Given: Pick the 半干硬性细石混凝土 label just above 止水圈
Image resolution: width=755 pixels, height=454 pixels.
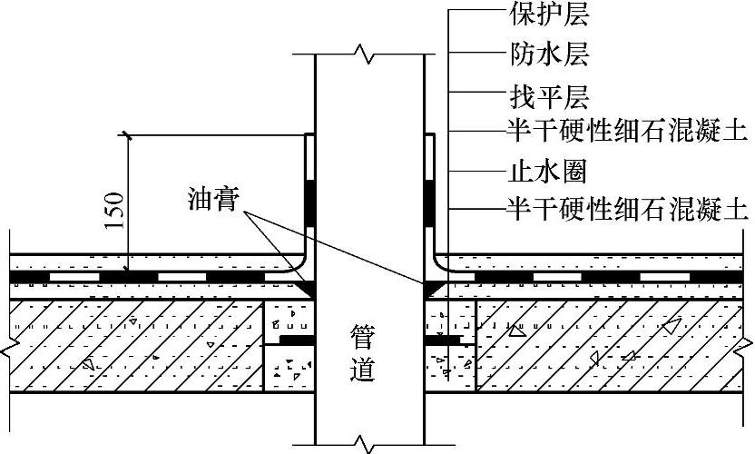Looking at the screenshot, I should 627,132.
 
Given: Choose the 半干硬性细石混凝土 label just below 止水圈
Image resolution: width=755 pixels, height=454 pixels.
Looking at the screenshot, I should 627,210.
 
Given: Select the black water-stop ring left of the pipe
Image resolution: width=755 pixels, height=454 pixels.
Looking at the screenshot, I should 296,339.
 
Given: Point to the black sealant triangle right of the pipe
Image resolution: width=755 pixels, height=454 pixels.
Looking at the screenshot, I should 431,289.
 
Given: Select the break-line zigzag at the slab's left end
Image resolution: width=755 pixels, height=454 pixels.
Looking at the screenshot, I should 6,348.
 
